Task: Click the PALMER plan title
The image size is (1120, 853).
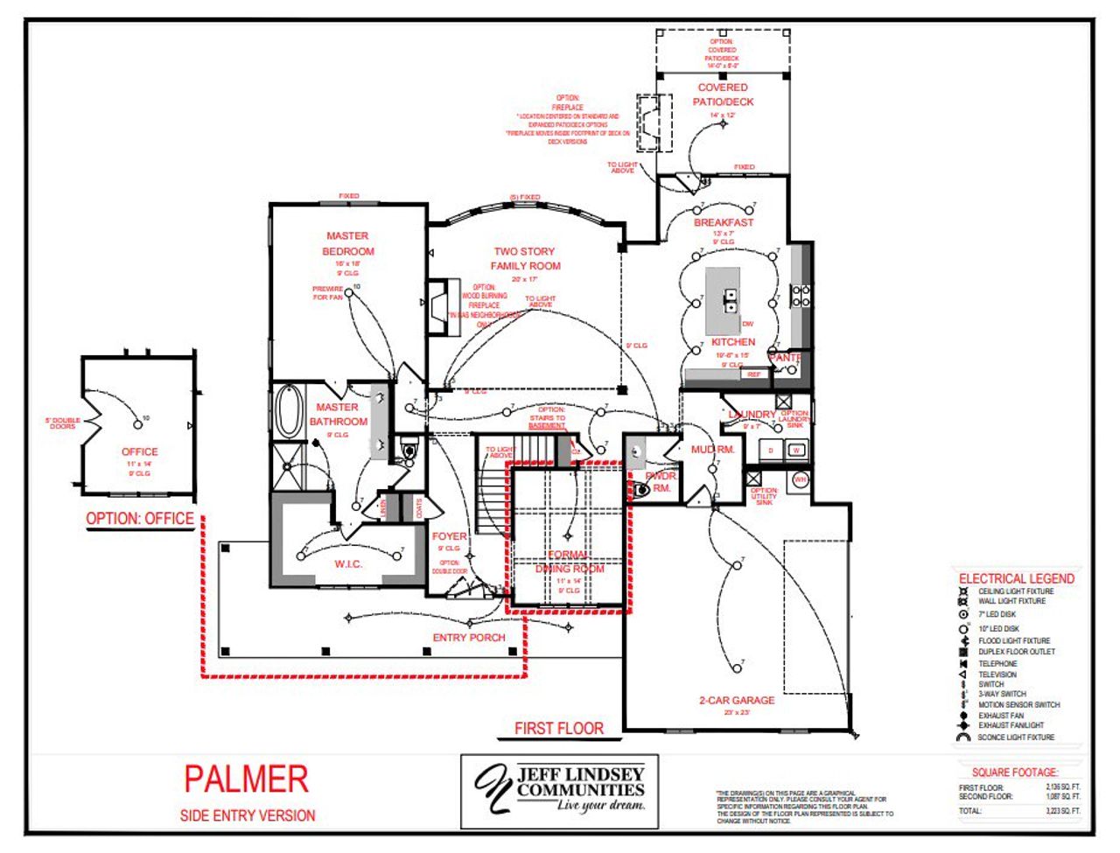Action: click(246, 779)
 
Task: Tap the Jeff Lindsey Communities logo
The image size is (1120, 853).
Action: click(559, 790)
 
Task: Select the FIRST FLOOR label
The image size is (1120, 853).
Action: click(558, 728)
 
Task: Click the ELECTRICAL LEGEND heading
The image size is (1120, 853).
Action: click(1016, 578)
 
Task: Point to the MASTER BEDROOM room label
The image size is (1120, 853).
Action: click(347, 243)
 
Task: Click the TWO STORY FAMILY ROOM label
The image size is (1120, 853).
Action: click(525, 258)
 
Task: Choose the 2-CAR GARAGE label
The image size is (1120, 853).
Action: click(737, 700)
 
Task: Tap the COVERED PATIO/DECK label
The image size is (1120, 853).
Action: click(723, 94)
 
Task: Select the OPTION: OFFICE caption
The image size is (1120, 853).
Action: click(140, 518)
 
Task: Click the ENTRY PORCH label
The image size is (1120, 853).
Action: click(469, 638)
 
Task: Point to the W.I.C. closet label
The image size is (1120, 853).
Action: click(347, 564)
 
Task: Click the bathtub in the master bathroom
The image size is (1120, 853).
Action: click(287, 411)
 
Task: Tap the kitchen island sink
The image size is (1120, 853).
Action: click(729, 300)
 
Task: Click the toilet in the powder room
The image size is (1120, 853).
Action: click(641, 490)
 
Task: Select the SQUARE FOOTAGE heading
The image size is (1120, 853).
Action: click(1015, 773)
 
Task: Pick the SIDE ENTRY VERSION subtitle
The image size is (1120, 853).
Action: click(248, 815)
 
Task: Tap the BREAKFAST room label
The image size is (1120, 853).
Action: click(723, 222)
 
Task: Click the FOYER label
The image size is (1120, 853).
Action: click(449, 536)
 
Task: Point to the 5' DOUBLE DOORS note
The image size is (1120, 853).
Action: click(62, 423)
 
